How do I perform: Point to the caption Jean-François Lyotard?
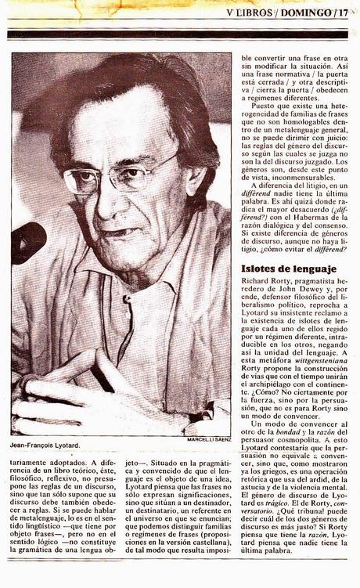click(x=45, y=446)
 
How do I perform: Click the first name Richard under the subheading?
click(x=256, y=287)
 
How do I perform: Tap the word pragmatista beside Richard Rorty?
click(x=322, y=287)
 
